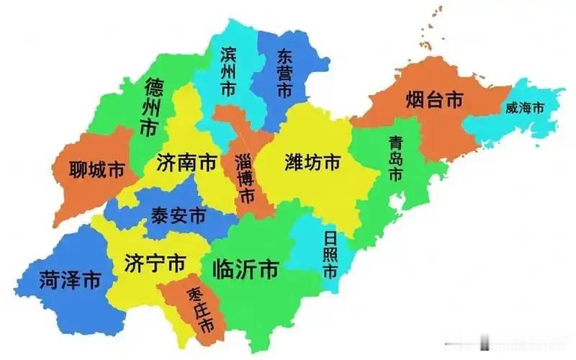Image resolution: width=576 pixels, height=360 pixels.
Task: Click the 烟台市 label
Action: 433,101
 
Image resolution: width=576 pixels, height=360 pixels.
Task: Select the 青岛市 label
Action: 395,158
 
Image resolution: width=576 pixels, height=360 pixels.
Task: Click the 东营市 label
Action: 284,73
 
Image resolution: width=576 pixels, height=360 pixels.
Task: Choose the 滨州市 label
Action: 228,71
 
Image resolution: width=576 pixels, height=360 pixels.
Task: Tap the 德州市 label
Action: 153,109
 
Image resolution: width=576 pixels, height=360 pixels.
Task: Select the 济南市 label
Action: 186,163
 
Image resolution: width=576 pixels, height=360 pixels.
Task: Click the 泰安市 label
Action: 178,215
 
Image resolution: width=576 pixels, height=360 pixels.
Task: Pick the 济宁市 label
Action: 154,262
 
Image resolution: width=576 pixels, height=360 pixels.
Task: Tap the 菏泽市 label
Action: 70,280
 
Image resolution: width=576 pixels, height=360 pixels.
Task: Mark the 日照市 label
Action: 330,255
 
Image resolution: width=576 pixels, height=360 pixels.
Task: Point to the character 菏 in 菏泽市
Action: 49,280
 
